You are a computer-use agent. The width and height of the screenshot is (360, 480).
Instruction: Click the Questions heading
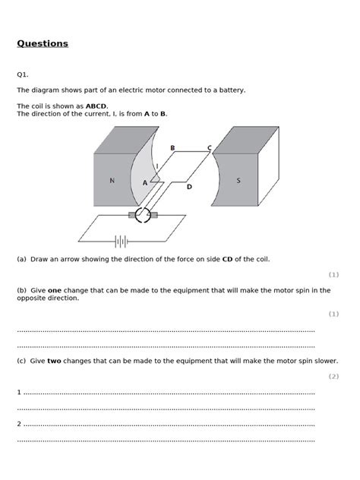point(43,43)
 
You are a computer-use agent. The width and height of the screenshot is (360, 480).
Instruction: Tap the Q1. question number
point(23,74)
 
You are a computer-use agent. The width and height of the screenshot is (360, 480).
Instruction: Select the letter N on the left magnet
point(112,181)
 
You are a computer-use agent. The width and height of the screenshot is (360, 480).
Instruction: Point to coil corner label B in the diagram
point(173,148)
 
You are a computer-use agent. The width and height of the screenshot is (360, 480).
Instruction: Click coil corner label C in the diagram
point(210,148)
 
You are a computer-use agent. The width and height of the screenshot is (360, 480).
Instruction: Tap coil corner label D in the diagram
point(189,185)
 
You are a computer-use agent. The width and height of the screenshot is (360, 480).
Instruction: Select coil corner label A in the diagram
point(144,183)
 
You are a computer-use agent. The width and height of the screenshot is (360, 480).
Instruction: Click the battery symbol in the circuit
point(120,242)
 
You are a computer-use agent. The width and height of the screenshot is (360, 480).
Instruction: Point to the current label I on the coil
point(156,166)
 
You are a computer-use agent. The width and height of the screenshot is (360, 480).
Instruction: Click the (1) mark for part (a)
point(333,274)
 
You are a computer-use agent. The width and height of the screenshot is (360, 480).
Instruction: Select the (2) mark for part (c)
point(333,376)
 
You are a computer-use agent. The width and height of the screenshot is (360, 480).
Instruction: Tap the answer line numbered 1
point(167,393)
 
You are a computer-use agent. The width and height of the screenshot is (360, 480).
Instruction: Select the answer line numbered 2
point(167,424)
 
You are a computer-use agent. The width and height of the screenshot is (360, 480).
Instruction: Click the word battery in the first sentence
point(231,90)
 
